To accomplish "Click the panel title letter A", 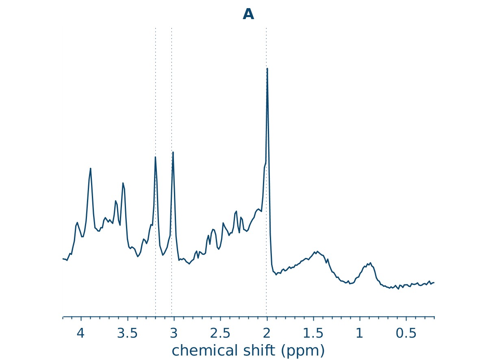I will (x=248, y=15).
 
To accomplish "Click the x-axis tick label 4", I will (x=80, y=334).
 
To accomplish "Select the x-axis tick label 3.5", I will (x=127, y=334).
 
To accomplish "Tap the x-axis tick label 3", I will (x=174, y=334).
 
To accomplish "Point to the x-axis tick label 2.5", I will (x=220, y=334).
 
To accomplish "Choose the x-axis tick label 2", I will (x=267, y=334).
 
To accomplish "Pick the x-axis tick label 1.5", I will (x=313, y=334).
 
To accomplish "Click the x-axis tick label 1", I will (x=360, y=334).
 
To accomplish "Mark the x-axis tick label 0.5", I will (x=406, y=334).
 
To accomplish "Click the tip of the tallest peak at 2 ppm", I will (x=267, y=68).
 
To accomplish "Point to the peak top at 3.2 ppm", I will (x=155, y=157).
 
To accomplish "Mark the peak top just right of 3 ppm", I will (x=173, y=152).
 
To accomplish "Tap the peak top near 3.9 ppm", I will (x=91, y=168).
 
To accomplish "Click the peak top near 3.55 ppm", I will (x=123, y=183).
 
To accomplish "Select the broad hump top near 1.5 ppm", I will (x=317, y=251).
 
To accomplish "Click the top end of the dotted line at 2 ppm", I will (x=266, y=28).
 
